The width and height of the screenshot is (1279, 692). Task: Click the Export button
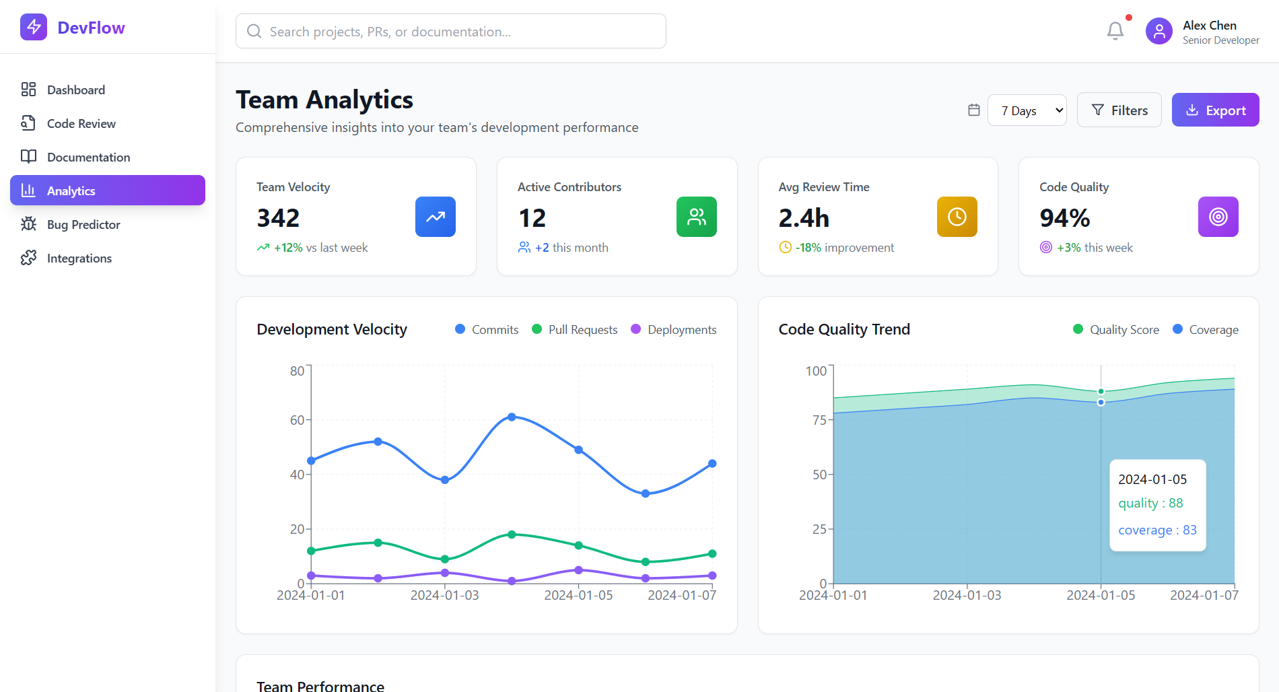click(1215, 110)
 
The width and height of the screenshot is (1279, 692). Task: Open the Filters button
click(1119, 110)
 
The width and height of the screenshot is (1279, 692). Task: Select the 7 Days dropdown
click(1027, 110)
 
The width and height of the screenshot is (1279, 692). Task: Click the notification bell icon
click(1115, 31)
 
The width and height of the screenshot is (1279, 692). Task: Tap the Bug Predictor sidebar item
click(83, 225)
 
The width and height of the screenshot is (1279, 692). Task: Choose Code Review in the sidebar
click(81, 124)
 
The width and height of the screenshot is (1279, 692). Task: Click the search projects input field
click(451, 32)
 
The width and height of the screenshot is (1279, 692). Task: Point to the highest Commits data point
click(512, 417)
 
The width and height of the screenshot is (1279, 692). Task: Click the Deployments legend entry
click(674, 330)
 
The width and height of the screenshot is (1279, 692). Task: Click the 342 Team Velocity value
click(278, 218)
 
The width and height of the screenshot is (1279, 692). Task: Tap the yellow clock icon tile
click(957, 217)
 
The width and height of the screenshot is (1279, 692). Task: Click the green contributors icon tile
click(696, 217)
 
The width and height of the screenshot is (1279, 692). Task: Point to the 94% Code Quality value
click(1064, 218)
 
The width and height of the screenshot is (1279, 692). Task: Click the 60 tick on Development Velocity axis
click(298, 420)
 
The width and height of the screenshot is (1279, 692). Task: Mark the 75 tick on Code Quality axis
click(819, 420)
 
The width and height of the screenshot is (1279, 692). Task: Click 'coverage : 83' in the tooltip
click(1157, 530)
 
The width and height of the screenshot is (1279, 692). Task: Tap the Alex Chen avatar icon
click(1159, 31)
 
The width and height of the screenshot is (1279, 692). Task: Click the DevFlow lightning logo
click(34, 28)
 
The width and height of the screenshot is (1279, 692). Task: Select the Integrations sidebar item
click(79, 258)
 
